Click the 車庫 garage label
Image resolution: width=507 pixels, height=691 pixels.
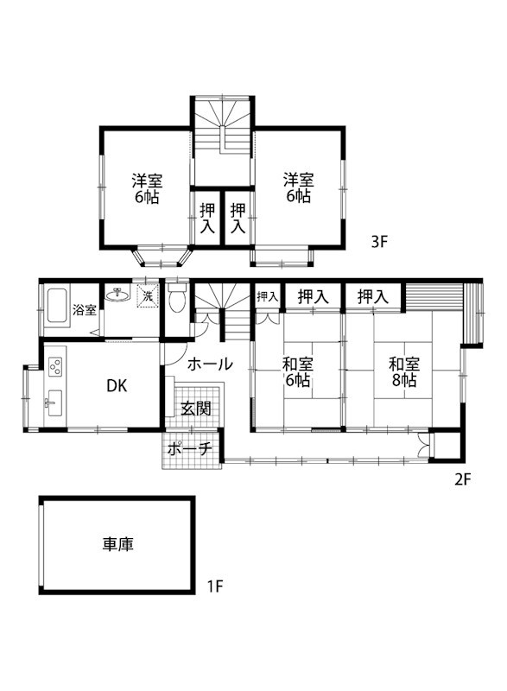click(118, 544)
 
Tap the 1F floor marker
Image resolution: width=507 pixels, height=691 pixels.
click(216, 588)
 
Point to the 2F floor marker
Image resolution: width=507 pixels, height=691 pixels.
click(461, 480)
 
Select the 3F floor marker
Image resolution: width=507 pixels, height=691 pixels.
click(380, 243)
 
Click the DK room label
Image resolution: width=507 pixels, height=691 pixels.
click(117, 386)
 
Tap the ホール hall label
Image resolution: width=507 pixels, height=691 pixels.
click(209, 364)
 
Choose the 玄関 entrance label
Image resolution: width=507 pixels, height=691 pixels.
click(196, 409)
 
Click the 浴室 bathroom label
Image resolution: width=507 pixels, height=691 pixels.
click(84, 310)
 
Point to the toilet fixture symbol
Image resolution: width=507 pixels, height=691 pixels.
click(176, 300)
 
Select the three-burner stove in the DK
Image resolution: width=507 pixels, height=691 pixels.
click(55, 366)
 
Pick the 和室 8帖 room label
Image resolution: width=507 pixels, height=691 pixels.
click(402, 371)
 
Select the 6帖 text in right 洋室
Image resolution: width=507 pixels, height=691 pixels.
click(299, 197)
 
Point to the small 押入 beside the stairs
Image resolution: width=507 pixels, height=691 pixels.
click(267, 296)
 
